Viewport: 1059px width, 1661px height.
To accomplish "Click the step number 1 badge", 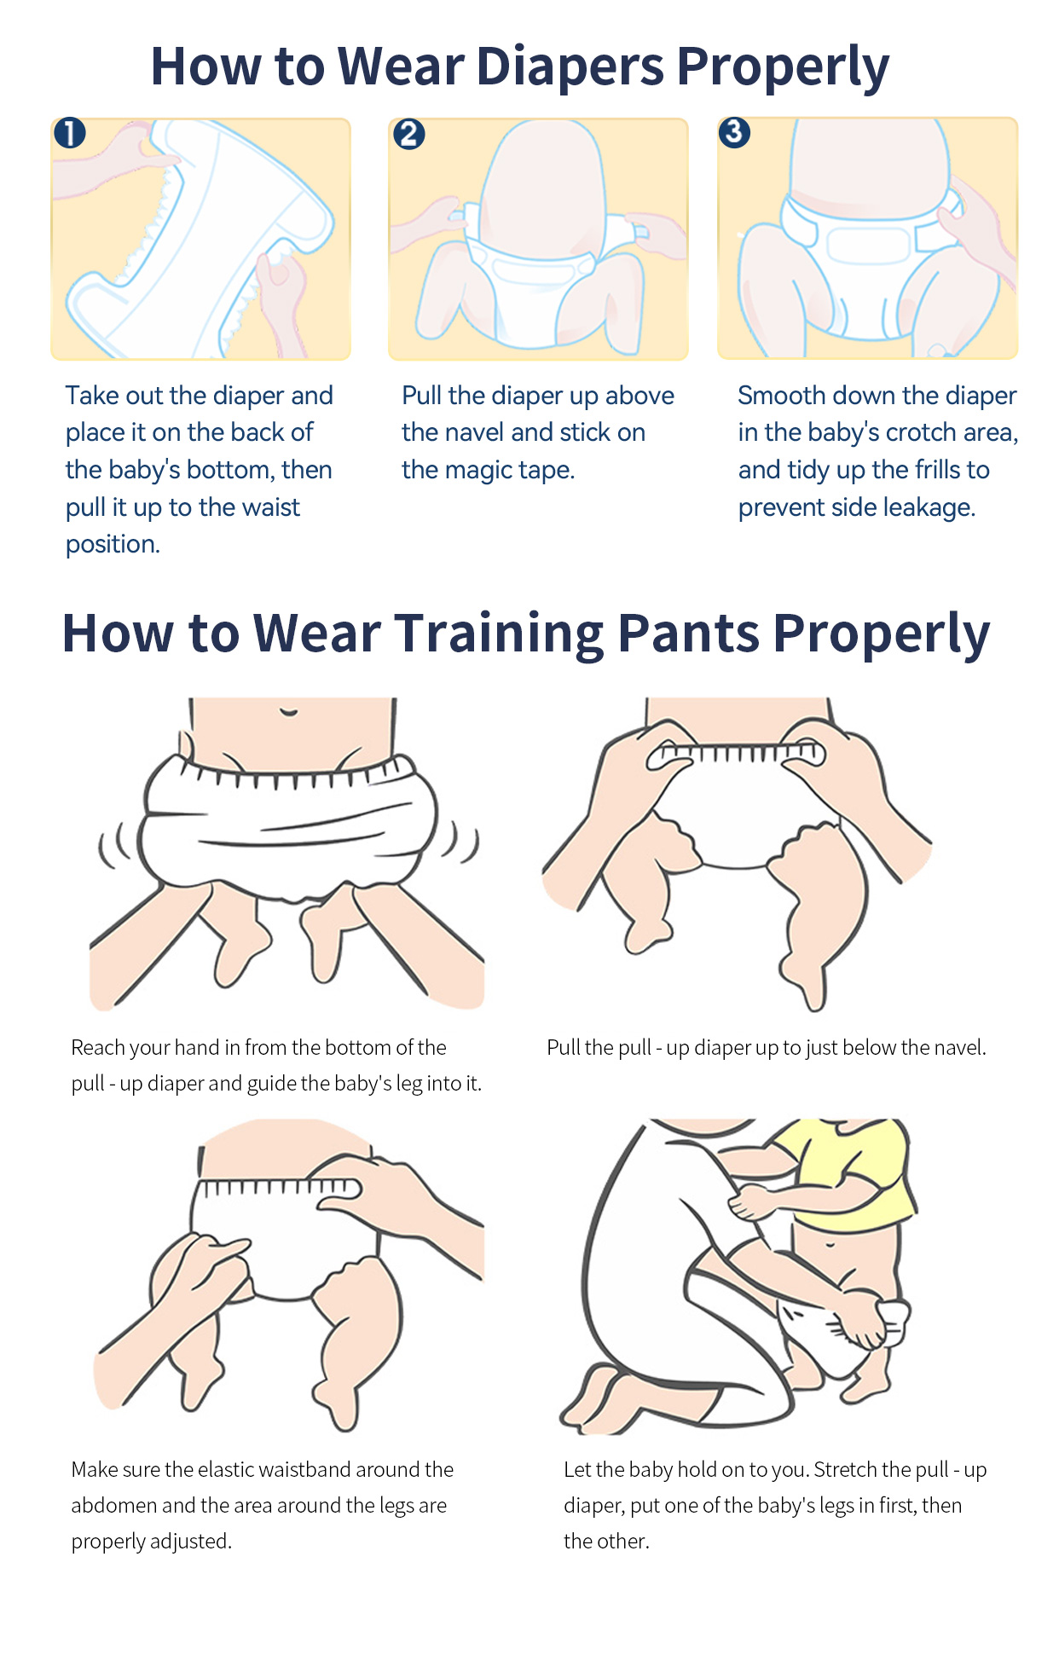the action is [70, 133].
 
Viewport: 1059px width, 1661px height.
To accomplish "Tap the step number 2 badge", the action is [408, 134].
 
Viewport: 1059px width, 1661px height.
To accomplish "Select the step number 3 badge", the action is [734, 132].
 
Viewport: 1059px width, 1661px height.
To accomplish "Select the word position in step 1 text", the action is [113, 544].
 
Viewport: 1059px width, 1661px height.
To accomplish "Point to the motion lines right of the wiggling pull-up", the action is [460, 842].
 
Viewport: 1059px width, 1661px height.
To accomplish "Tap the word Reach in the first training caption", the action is [97, 1047].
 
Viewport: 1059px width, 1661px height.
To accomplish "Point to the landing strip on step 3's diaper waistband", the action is [868, 246].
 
